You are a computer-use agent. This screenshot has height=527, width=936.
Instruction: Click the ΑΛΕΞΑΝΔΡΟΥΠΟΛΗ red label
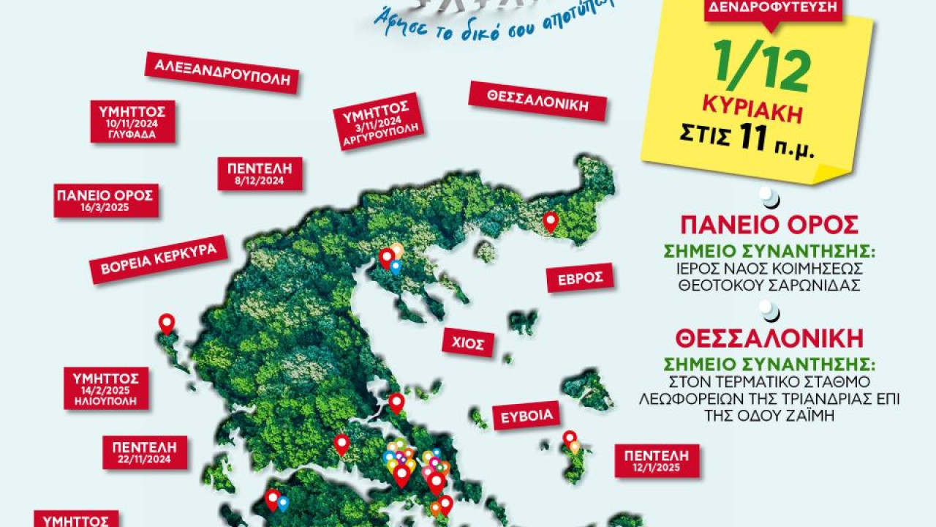coord(222,72)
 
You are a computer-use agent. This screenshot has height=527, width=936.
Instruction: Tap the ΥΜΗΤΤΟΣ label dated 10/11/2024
coord(132,122)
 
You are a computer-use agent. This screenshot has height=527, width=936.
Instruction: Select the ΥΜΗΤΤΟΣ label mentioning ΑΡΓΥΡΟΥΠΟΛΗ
coord(377,121)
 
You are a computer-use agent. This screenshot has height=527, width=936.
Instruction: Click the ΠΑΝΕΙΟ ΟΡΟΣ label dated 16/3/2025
coord(106,201)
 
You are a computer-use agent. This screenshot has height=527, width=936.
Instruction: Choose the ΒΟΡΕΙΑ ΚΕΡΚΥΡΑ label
coord(159,259)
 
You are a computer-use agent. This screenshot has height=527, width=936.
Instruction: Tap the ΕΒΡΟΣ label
coord(579,277)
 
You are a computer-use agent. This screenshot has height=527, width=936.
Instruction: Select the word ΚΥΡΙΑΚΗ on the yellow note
coord(752,113)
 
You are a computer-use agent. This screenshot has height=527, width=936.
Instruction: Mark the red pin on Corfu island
coord(167,323)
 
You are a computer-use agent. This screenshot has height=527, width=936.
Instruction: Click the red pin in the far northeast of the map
coord(550,221)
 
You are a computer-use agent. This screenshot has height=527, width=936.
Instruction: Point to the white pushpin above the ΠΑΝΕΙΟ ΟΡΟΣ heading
coord(769,196)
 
